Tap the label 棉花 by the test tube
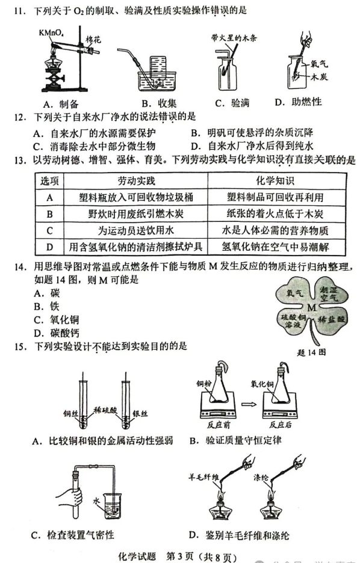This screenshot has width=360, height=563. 95,40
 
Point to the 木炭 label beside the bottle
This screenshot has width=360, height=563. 318,77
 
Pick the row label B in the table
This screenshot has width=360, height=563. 49,214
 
